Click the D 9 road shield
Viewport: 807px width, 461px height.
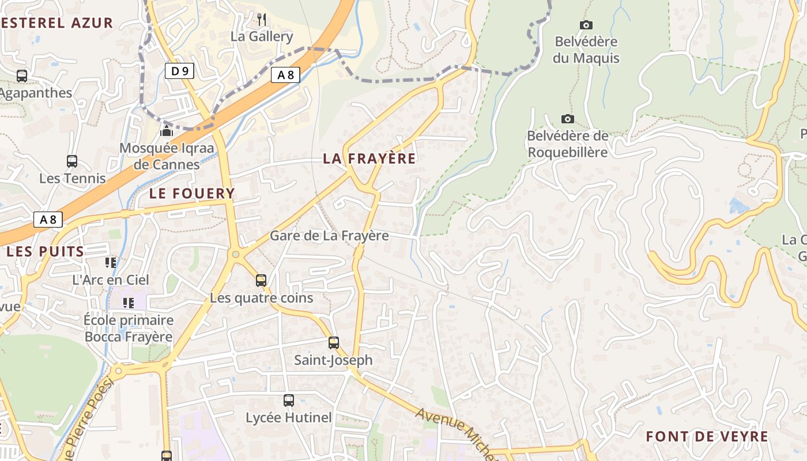point(180,71)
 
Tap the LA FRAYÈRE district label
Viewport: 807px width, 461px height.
point(369,158)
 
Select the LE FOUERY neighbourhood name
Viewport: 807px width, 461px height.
point(192,194)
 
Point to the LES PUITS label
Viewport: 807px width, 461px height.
point(45,252)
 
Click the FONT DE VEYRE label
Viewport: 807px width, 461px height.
point(707,436)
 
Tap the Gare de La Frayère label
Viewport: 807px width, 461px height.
point(329,236)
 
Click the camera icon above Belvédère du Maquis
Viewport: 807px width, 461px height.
point(586,25)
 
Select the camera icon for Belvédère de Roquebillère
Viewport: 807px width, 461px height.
point(568,119)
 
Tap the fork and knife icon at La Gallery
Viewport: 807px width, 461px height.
point(262,19)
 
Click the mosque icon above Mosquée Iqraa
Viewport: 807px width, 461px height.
point(167,131)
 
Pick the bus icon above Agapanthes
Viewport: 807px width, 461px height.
point(22,75)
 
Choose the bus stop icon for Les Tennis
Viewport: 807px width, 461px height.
point(72,161)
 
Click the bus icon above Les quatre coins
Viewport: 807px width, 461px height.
point(261,281)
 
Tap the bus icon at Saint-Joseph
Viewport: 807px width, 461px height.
point(334,343)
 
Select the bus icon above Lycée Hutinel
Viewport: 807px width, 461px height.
point(289,400)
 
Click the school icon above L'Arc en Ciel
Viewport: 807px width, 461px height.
point(111,263)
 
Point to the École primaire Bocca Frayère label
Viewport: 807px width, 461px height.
point(129,328)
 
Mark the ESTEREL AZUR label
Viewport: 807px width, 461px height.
point(56,23)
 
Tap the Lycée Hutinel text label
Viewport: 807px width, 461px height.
point(289,418)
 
